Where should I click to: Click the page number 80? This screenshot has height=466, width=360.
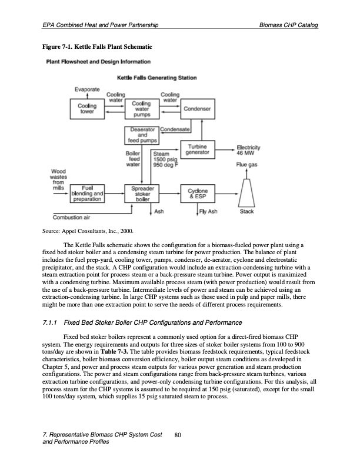pyautogui.click(x=179, y=436)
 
